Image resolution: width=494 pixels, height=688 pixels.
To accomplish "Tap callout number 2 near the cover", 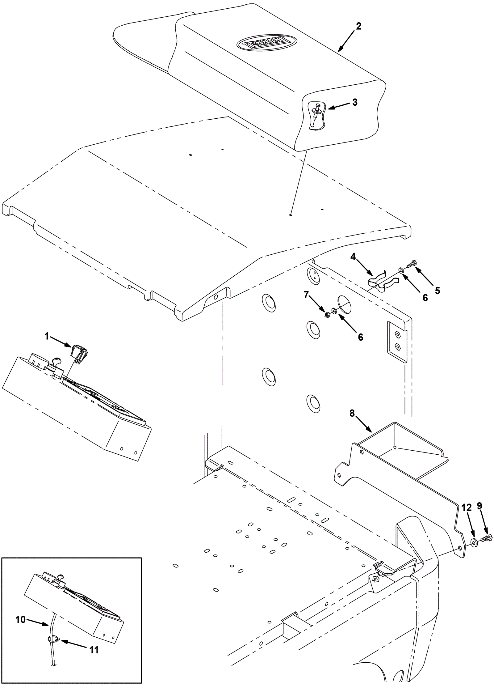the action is tap(358, 27).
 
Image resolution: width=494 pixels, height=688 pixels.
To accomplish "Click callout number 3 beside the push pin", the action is tap(355, 102).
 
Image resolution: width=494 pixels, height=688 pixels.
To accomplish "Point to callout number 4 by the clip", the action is tap(353, 256).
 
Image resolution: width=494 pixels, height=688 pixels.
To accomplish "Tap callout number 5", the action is tap(437, 291).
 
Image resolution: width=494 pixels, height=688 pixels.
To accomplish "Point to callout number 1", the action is tap(47, 336).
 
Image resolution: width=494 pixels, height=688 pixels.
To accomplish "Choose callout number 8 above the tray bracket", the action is tap(352, 414).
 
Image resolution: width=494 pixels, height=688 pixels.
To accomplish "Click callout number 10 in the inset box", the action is tap(21, 620).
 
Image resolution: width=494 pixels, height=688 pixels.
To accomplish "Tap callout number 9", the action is tap(479, 506).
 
